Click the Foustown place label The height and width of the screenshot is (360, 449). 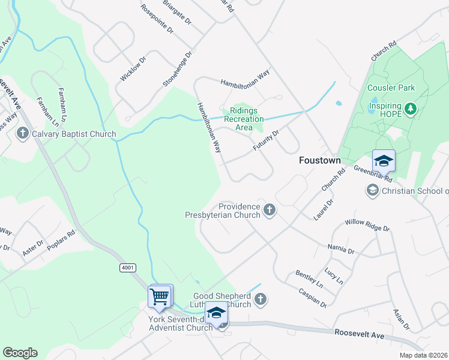coord(320,161)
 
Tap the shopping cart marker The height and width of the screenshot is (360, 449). coord(160,296)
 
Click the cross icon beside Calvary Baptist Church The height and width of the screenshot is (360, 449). coord(23,133)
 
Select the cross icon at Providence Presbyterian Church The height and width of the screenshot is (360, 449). coord(270,211)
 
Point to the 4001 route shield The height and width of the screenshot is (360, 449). coord(127,268)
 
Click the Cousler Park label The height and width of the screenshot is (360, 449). coord(391,88)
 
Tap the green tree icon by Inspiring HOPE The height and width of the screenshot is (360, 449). coord(411,109)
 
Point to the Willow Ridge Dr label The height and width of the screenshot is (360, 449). coord(367,226)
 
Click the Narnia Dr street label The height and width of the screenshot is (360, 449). coord(341,249)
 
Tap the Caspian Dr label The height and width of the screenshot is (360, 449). coord(312,297)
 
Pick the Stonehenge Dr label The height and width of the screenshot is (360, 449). coord(177,70)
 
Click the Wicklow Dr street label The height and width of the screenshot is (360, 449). coord(133,69)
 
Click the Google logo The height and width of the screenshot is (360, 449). coord(20,353)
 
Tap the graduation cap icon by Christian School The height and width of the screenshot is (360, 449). coord(372,191)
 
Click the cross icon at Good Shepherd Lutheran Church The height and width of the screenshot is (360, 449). coord(260,299)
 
